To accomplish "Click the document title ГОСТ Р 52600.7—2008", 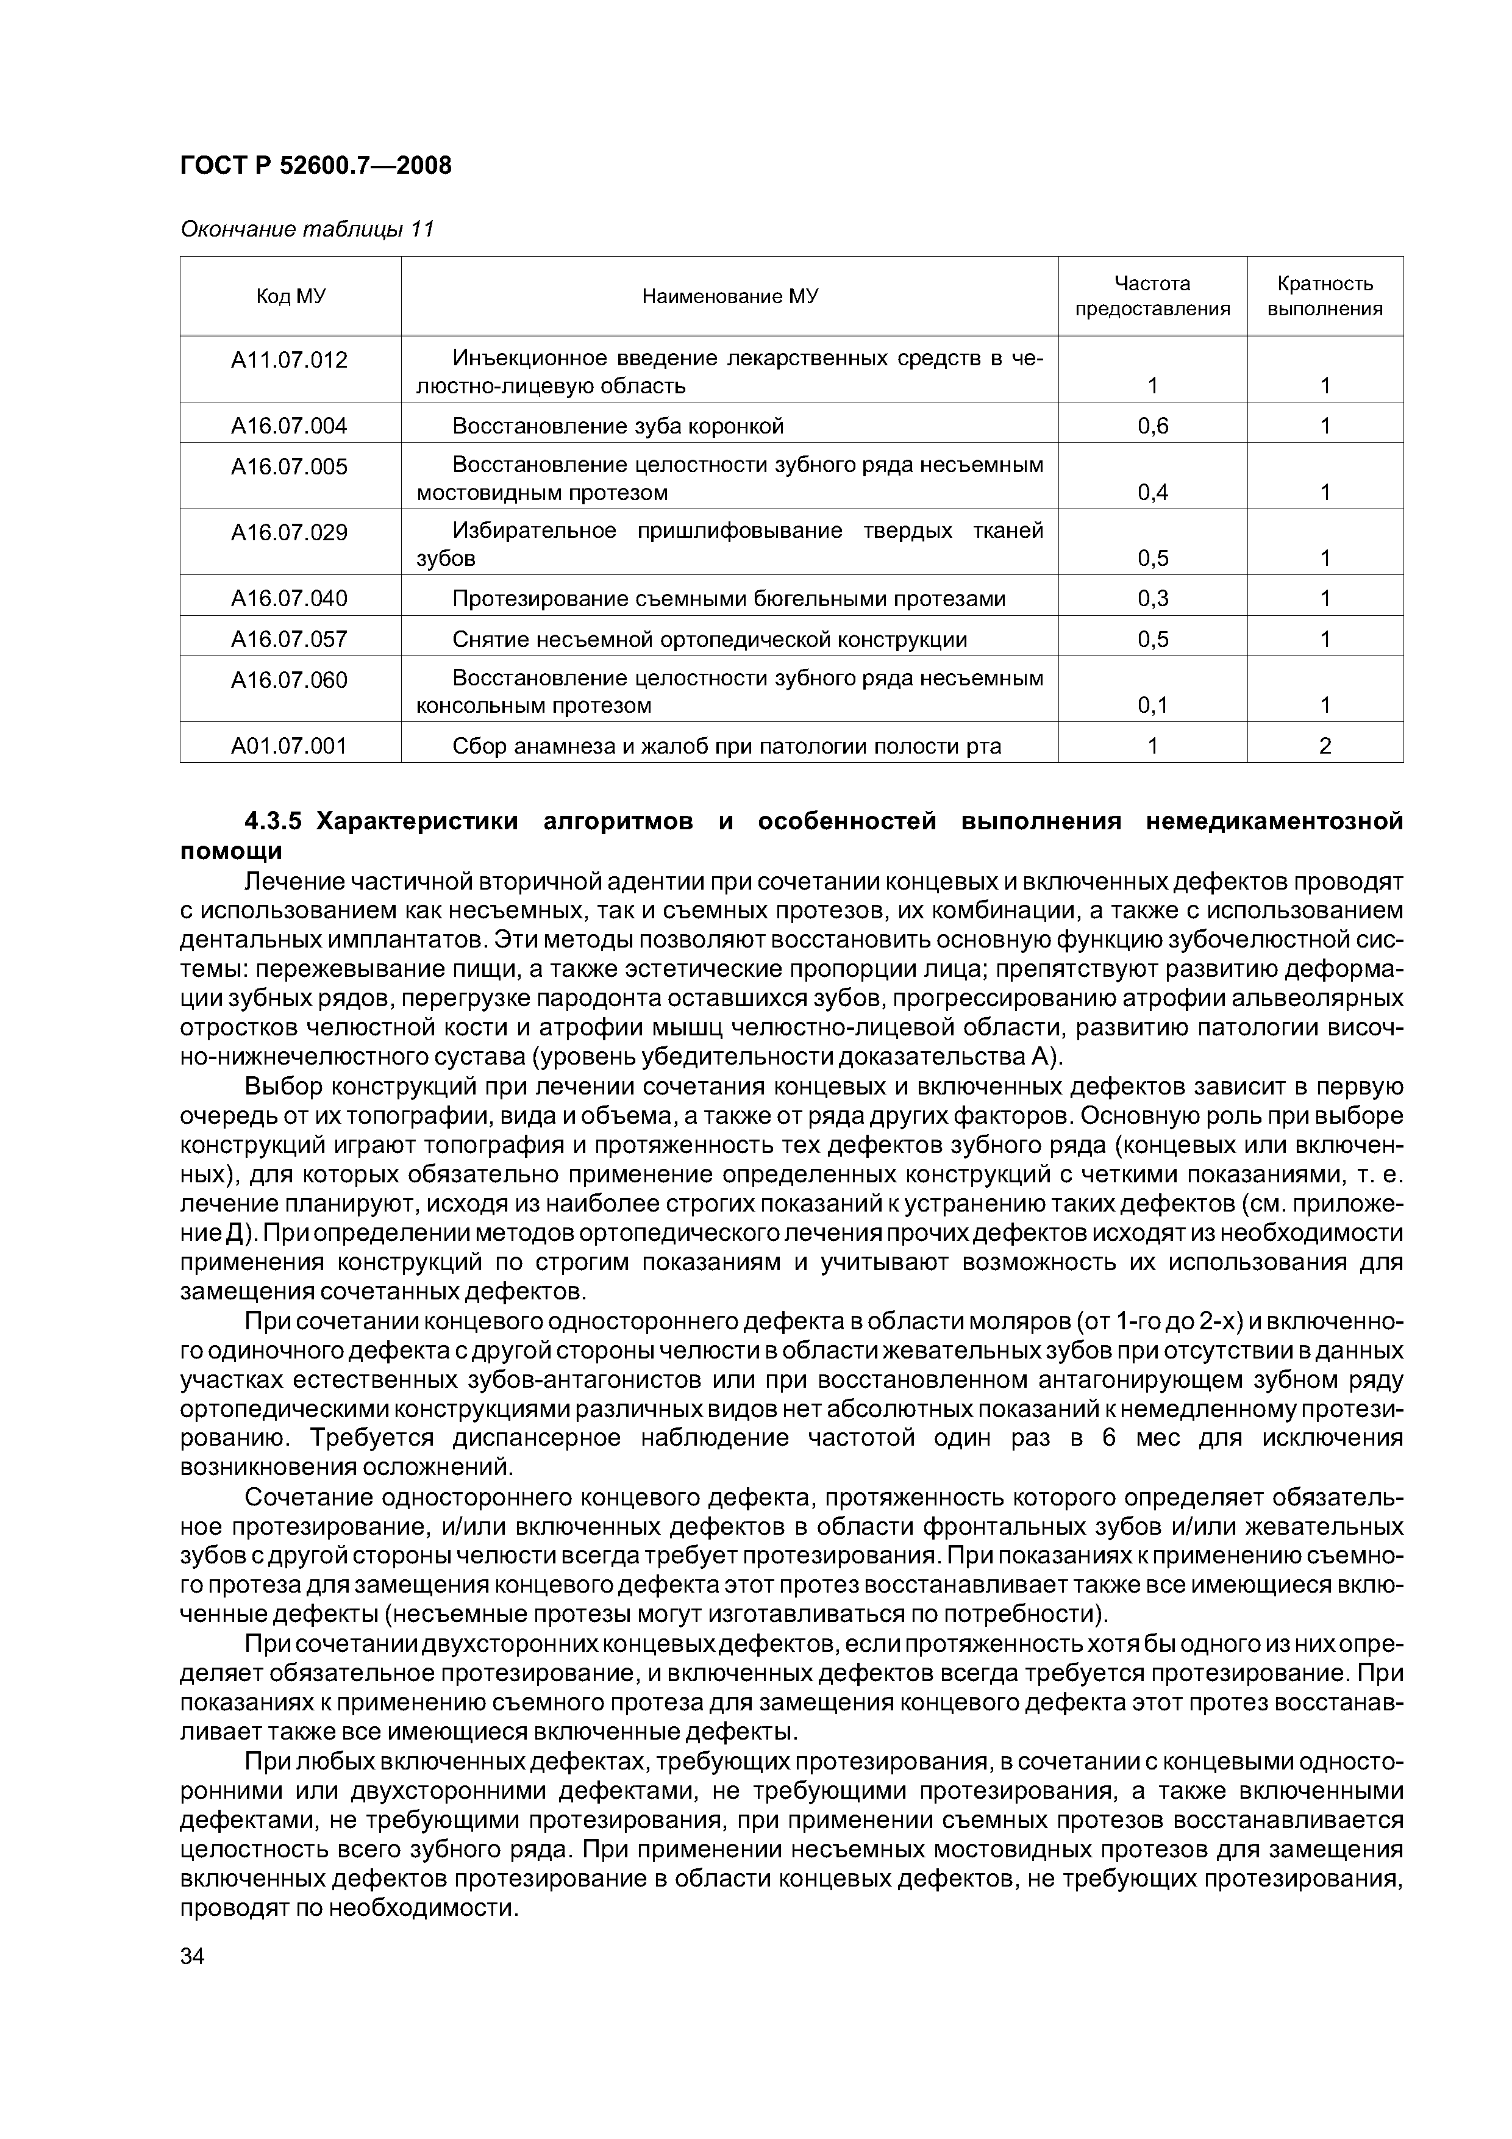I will tap(315, 166).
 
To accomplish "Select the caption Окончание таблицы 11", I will tap(307, 229).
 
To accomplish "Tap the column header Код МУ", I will tap(291, 296).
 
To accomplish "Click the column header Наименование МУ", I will tap(729, 296).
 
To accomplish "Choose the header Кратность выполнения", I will tap(1325, 296).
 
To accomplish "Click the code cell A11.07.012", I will tap(289, 360).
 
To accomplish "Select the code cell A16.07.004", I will tap(289, 426).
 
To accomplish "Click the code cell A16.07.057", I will tap(289, 639).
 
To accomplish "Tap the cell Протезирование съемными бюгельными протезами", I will tap(729, 598).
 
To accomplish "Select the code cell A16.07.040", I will tap(289, 598).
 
